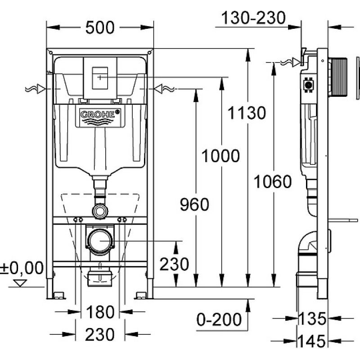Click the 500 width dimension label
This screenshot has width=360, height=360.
tap(99, 28)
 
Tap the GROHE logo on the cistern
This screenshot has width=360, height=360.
tap(100, 115)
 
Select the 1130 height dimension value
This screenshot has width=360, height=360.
tap(246, 112)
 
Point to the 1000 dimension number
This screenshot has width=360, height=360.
tap(220, 156)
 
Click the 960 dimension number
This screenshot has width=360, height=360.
tap(194, 205)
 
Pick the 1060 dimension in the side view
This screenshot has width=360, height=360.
tap(272, 182)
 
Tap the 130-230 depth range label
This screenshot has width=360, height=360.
tap(253, 18)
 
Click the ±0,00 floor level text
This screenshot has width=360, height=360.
tap(22, 268)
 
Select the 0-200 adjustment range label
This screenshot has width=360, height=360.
tap(219, 319)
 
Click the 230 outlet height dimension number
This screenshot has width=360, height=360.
tap(174, 264)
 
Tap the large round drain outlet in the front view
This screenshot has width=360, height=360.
tap(99, 241)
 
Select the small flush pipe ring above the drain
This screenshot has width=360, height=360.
tap(99, 210)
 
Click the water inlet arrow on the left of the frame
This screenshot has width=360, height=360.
tap(41, 89)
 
